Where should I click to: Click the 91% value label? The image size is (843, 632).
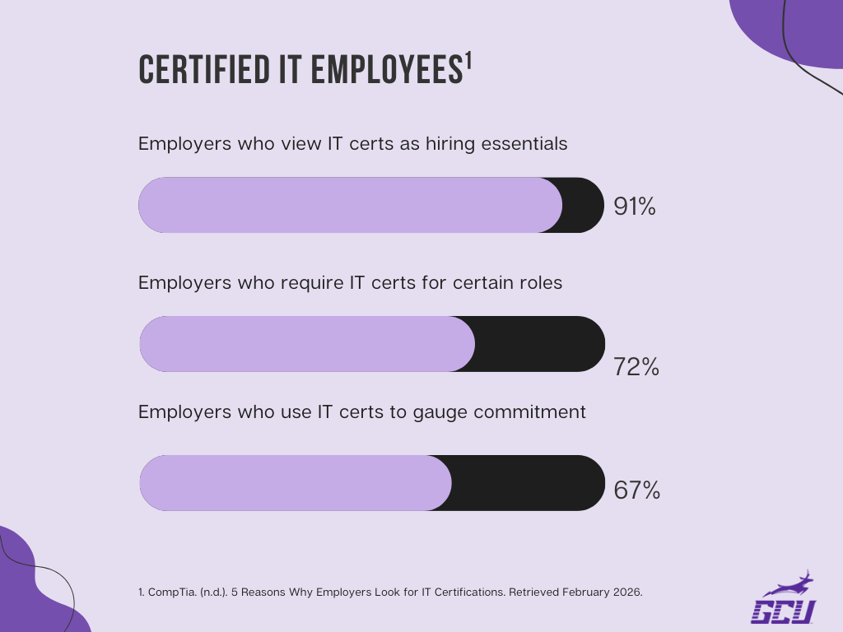tap(635, 207)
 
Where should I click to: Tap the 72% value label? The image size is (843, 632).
tap(636, 367)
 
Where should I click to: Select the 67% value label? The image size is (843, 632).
tap(637, 490)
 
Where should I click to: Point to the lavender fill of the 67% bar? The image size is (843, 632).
tap(296, 483)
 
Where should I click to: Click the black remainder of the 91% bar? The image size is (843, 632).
tap(583, 205)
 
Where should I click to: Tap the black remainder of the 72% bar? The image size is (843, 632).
tap(539, 344)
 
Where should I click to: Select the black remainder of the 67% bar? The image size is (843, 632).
tap(528, 483)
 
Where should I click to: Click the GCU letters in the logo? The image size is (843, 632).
tap(783, 611)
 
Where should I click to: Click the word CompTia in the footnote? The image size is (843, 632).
tap(170, 592)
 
